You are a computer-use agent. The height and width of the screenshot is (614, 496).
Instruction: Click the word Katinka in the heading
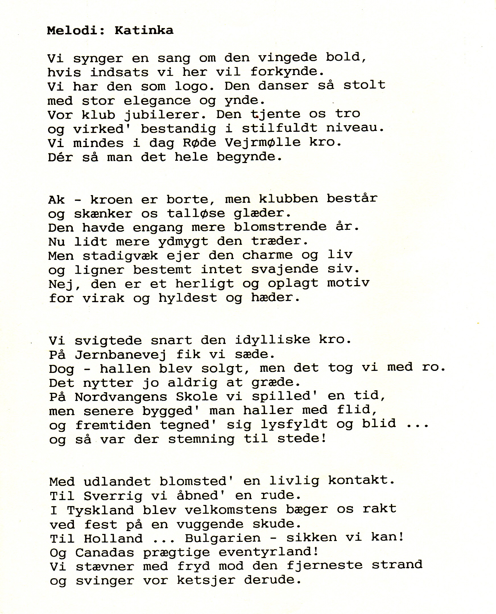tap(144, 30)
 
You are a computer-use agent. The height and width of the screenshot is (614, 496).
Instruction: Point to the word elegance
tap(157, 101)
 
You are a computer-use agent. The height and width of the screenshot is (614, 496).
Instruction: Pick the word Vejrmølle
tap(263, 142)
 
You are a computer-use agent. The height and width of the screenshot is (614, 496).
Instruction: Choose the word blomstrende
tap(280, 227)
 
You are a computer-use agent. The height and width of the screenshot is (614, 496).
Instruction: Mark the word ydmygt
tap(183, 242)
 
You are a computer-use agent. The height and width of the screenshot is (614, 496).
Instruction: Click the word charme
tap(267, 255)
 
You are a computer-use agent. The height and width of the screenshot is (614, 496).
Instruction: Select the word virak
tap(104, 298)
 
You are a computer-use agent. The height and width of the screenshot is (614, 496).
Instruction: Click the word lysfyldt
tap(294, 425)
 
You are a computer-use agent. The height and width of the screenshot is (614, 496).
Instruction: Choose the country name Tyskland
tap(100, 510)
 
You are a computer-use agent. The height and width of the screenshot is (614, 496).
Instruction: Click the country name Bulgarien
tap(223, 538)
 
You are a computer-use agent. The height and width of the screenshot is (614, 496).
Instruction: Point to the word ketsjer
tap(206, 580)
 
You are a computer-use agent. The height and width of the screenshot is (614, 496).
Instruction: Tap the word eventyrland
tap(268, 552)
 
